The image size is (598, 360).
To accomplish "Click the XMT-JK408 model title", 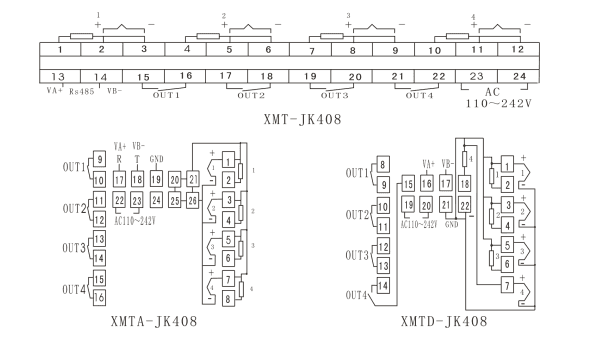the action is tap(302, 119).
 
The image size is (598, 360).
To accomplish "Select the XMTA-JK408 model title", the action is tap(154, 321).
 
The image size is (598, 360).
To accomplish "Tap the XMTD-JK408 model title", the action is tap(444, 321).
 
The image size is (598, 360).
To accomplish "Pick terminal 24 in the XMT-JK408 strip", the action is tap(519, 76).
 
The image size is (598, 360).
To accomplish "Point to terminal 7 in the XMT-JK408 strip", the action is tap(311, 50).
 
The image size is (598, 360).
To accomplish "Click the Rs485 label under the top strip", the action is tap(82, 92).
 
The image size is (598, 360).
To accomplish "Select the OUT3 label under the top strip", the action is tap(334, 95).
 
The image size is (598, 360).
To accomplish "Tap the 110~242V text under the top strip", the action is tap(498, 103).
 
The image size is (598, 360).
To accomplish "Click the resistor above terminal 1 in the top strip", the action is tap(81, 36).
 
